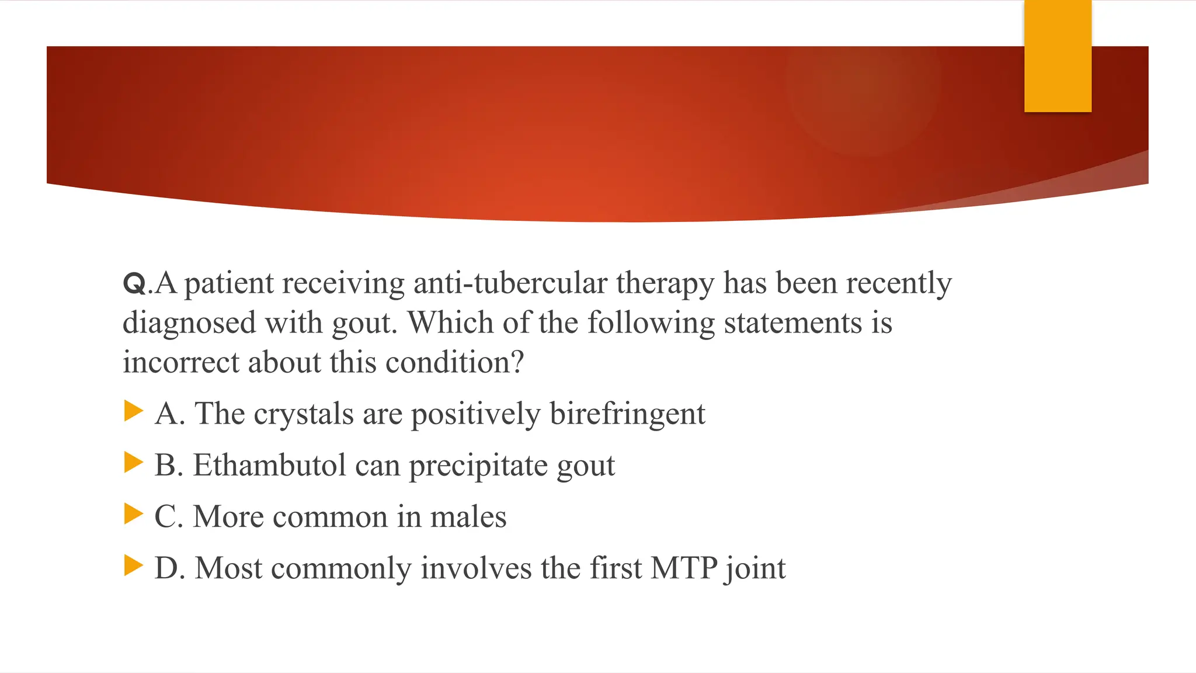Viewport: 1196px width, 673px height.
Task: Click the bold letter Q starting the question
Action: tap(134, 284)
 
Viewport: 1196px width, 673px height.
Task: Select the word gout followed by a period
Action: tap(363, 323)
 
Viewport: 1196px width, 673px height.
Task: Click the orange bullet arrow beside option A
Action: tap(134, 411)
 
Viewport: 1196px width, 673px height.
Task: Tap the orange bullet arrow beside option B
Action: tap(134, 462)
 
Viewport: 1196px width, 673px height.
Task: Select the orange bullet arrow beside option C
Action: tap(134, 514)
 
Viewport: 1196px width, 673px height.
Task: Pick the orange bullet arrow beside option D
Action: tap(134, 565)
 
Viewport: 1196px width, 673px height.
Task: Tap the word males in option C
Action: tap(468, 516)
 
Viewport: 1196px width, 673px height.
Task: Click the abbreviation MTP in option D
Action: tap(684, 568)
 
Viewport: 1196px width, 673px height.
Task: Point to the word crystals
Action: tap(304, 414)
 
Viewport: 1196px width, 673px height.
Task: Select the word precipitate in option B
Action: tap(478, 466)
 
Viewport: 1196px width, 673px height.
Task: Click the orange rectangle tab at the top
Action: tap(1058, 55)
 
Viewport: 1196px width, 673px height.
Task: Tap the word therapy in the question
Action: tap(665, 283)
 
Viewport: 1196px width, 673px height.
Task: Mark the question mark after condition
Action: tap(517, 362)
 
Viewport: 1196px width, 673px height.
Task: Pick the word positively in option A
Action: tap(475, 414)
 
